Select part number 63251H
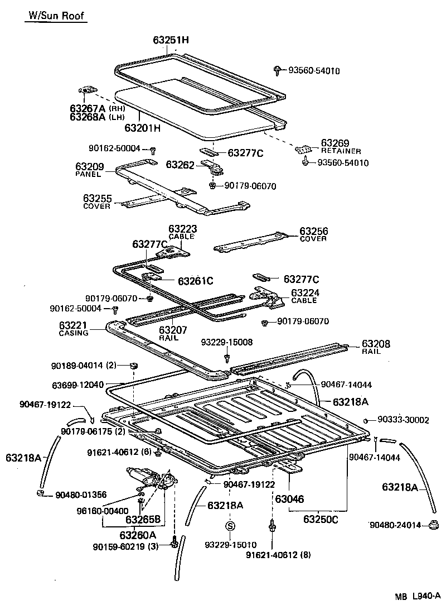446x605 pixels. (171, 40)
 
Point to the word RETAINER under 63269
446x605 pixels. (341, 151)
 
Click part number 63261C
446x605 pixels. (196, 280)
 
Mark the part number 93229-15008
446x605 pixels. (227, 342)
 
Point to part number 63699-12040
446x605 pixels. (77, 386)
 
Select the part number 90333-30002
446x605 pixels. (403, 420)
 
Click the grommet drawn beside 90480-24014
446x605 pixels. (433, 525)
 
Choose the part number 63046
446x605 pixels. (289, 499)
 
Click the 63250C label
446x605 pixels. (321, 520)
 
